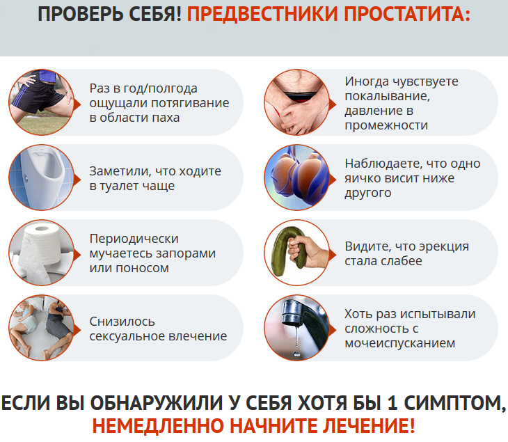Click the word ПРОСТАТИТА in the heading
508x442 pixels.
(x=406, y=14)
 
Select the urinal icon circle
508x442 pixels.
(x=41, y=177)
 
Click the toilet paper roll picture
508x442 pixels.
(x=41, y=253)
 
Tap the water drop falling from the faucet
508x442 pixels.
(x=296, y=353)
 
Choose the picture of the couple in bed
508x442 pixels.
(x=41, y=328)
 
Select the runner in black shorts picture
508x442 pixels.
(x=41, y=102)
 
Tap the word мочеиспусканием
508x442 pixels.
(x=400, y=343)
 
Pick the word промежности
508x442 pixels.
(x=386, y=125)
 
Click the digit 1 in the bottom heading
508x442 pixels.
(x=392, y=403)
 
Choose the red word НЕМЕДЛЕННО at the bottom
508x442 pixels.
(x=158, y=426)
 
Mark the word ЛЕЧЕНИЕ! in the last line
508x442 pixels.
(x=369, y=426)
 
